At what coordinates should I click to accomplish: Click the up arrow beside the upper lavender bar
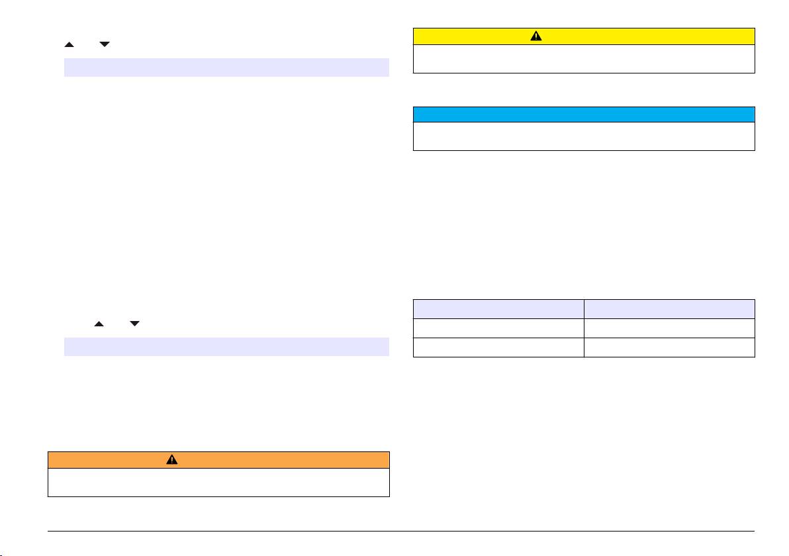click(x=68, y=44)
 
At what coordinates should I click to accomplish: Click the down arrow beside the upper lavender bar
click(x=105, y=44)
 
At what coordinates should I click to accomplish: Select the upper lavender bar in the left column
click(x=226, y=68)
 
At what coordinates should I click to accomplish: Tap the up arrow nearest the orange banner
click(x=99, y=324)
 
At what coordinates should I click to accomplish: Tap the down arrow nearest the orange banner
click(x=135, y=324)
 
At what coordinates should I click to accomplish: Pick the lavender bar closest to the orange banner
click(x=226, y=347)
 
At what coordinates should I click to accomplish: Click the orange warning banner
click(x=218, y=460)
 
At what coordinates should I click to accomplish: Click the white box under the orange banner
click(x=218, y=482)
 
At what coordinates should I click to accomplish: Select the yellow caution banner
click(x=584, y=36)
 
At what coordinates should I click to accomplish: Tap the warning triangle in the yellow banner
click(x=536, y=36)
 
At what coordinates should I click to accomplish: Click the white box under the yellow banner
click(x=584, y=58)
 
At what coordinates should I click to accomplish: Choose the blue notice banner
click(x=584, y=115)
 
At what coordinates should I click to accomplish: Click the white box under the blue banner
click(x=584, y=136)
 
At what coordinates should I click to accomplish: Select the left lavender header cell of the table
click(x=498, y=308)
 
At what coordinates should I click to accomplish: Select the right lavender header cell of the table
click(x=669, y=308)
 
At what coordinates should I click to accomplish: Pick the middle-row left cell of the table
click(x=498, y=328)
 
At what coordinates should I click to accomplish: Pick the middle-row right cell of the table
click(x=669, y=328)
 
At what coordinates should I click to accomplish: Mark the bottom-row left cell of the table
click(x=498, y=347)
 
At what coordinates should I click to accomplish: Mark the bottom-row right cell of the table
click(x=669, y=347)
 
